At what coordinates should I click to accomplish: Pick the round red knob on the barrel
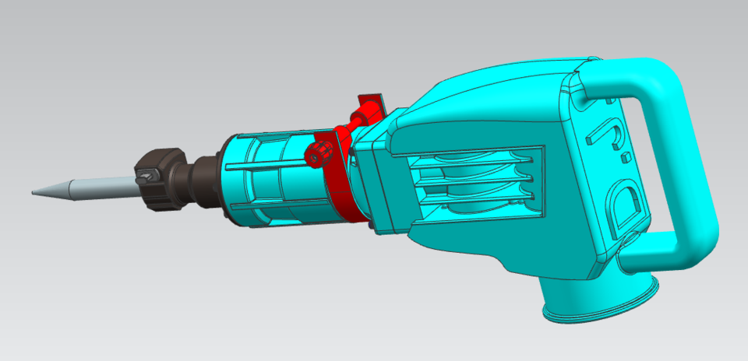click(317, 153)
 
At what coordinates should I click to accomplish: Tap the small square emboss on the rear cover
click(625, 159)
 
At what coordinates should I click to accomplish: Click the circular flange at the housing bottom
click(600, 307)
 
